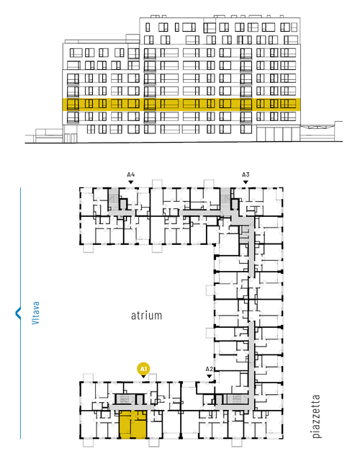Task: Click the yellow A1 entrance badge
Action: [143, 369]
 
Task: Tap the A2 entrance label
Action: [209, 369]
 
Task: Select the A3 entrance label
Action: [246, 175]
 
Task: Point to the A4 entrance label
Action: [131, 175]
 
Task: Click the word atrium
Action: [146, 316]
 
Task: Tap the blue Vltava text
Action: [35, 313]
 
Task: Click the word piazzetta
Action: [316, 416]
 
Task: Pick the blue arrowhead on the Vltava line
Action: [18, 313]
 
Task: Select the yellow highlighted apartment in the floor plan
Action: [133, 424]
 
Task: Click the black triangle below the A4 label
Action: [131, 182]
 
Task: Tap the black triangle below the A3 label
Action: [246, 182]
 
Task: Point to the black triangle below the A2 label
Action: [209, 376]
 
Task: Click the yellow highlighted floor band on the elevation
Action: [181, 104]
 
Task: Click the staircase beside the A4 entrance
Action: [113, 199]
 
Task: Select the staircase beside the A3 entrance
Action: [225, 200]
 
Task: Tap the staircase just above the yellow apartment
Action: [125, 399]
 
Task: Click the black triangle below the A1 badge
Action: [143, 377]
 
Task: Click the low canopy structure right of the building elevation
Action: [321, 131]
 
